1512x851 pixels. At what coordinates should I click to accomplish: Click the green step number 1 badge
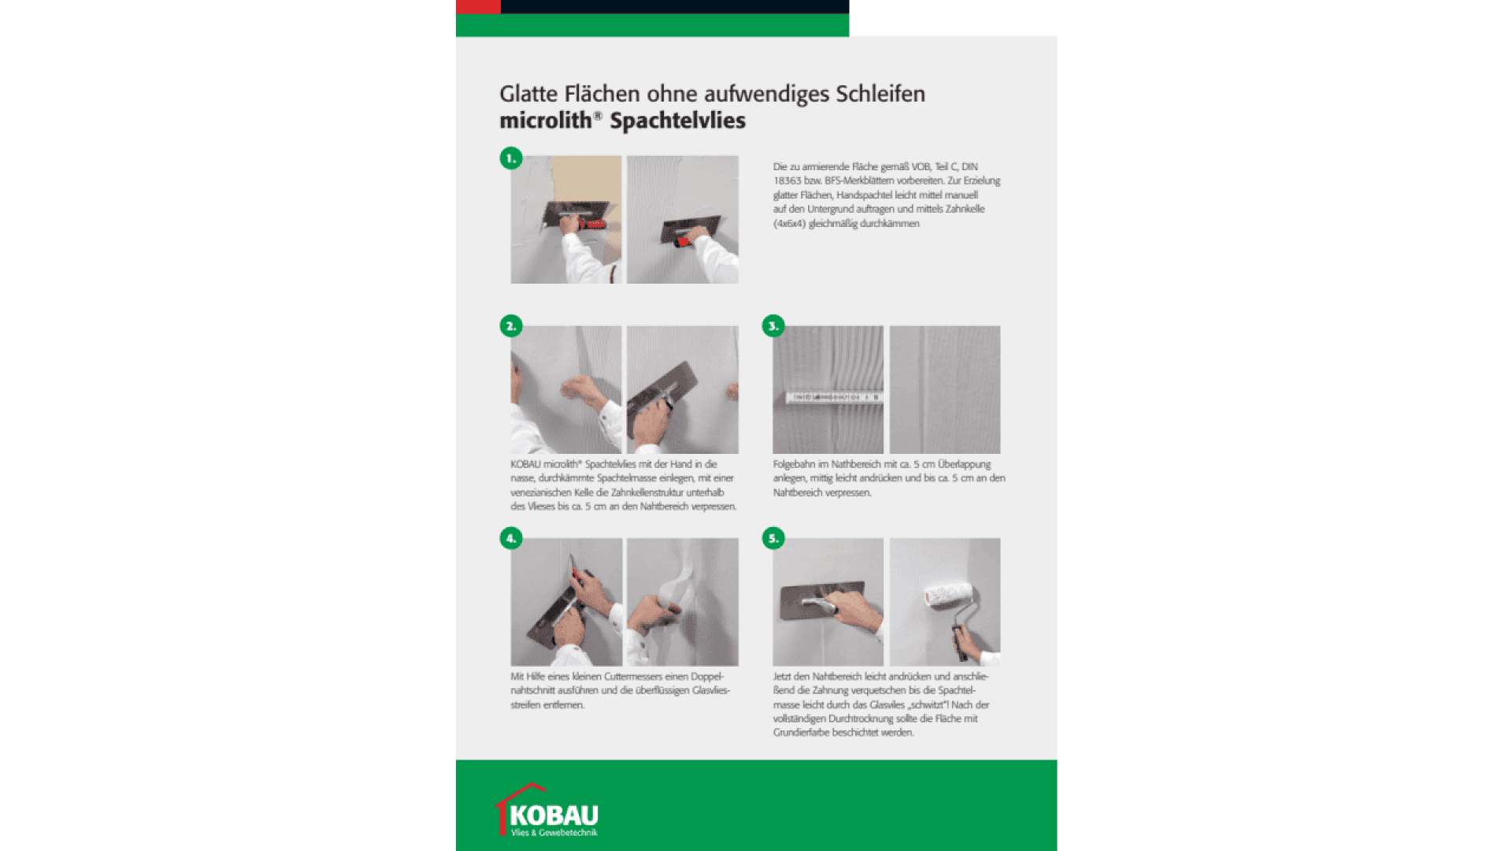pyautogui.click(x=511, y=158)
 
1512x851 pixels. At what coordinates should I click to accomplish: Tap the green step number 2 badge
pyautogui.click(x=511, y=325)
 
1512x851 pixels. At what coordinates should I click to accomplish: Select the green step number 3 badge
pyautogui.click(x=773, y=325)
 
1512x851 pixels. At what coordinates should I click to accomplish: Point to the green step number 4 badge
pyautogui.click(x=511, y=538)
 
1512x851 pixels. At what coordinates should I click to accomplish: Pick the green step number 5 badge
pyautogui.click(x=773, y=538)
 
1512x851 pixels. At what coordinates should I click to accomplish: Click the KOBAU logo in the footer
pyautogui.click(x=548, y=812)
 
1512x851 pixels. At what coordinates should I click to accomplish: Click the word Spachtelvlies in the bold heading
pyautogui.click(x=677, y=121)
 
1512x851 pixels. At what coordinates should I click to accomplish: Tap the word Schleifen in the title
pyautogui.click(x=880, y=94)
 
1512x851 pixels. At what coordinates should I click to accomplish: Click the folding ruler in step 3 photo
pyautogui.click(x=833, y=398)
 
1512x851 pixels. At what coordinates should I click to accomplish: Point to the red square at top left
pyautogui.click(x=478, y=6)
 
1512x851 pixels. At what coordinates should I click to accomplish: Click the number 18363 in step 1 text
pyautogui.click(x=787, y=181)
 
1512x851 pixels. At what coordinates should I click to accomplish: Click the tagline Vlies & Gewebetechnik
pyautogui.click(x=554, y=833)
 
